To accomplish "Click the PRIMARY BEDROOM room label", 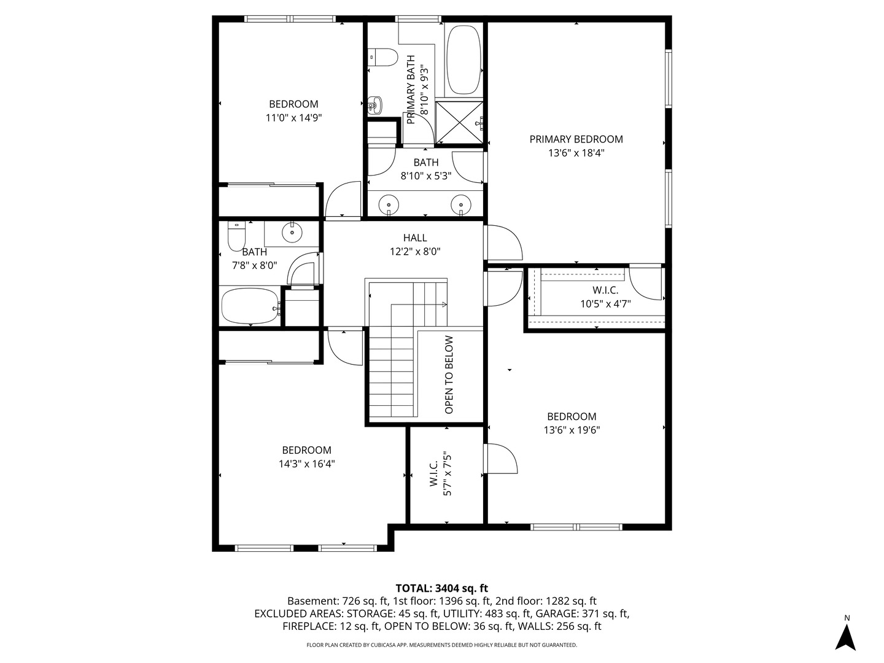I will [576, 139].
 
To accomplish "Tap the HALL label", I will [415, 238].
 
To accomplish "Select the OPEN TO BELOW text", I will [449, 374].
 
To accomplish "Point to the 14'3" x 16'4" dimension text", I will [306, 464].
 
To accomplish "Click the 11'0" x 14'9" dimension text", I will [293, 117].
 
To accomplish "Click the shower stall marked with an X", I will [459, 123].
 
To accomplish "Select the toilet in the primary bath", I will [382, 57].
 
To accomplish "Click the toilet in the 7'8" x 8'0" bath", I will [236, 235].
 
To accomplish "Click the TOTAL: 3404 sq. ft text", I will [441, 588].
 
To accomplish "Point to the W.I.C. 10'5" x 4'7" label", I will [605, 297].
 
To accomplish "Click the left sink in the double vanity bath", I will [388, 204].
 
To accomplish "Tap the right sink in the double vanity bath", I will [460, 204].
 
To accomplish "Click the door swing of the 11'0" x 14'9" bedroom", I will [343, 200].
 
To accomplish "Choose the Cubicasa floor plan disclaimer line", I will [441, 645].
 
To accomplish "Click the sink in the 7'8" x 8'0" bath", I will [292, 232].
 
